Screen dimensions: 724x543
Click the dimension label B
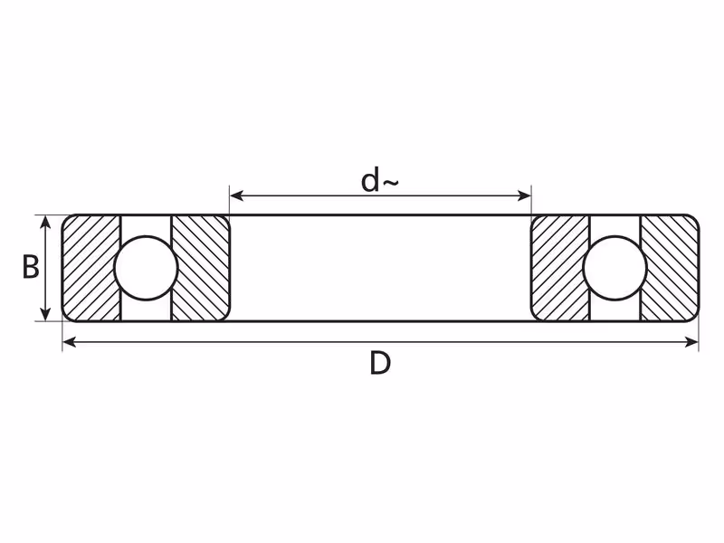[x=31, y=268]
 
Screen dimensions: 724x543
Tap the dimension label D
[x=380, y=363]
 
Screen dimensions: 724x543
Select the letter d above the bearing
[x=370, y=180]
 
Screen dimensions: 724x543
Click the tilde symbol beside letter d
[x=390, y=183]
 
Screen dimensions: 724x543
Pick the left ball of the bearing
[x=146, y=268]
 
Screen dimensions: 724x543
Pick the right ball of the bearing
[x=615, y=268]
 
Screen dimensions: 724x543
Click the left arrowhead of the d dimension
[x=236, y=195]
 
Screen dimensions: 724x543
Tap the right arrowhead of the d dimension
[x=525, y=195]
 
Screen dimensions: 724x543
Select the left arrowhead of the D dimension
[x=70, y=342]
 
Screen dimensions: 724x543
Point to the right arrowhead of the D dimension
[x=691, y=342]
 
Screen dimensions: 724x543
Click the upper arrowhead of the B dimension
[x=44, y=223]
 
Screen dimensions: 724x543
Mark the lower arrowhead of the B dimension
[x=44, y=313]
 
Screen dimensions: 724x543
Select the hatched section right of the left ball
[x=201, y=268]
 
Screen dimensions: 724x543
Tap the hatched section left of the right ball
[x=560, y=268]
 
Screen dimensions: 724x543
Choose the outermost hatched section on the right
[x=670, y=268]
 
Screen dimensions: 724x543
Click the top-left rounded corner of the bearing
[x=66, y=219]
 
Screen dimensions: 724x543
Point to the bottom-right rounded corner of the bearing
[x=695, y=318]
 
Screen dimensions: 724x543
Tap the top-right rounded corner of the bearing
[x=695, y=219]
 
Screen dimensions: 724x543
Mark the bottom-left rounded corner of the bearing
[x=66, y=318]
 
